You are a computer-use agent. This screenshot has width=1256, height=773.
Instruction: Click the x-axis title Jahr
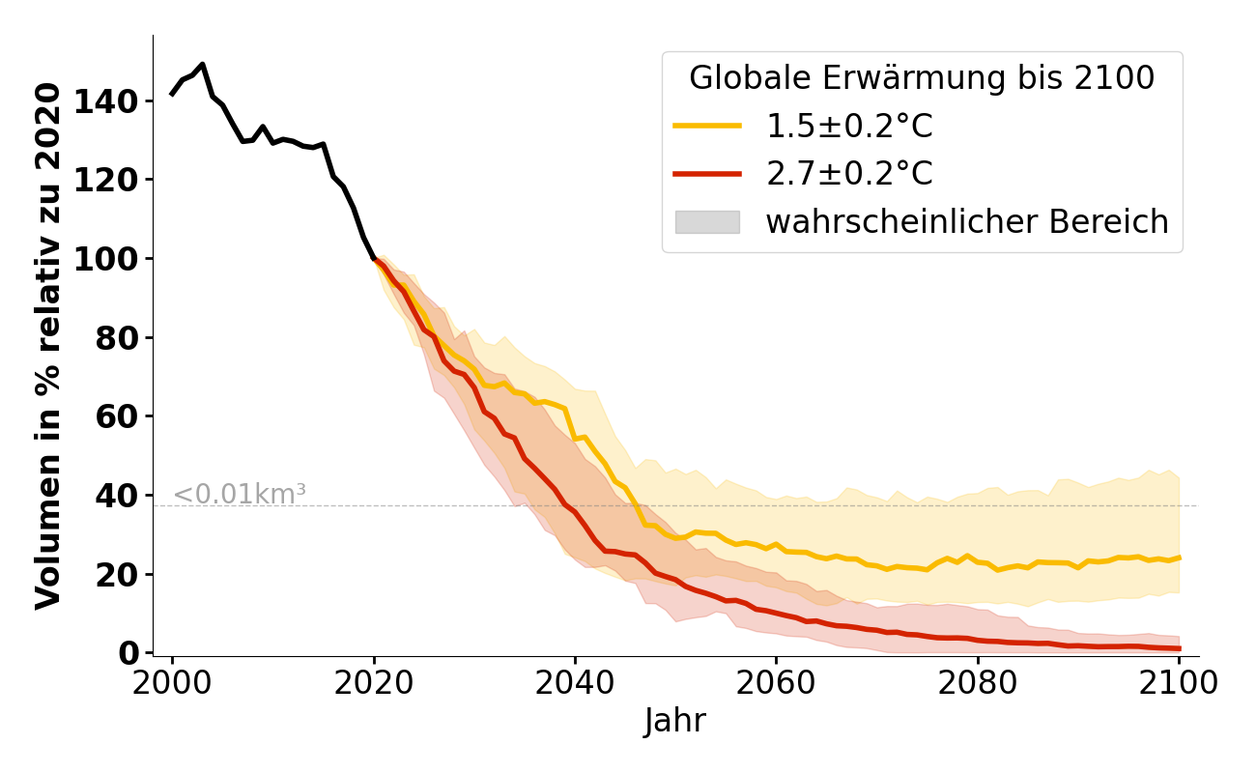674,721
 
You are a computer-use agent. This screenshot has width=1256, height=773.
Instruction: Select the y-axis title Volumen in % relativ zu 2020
48,345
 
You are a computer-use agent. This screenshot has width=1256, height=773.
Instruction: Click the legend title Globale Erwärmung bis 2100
922,78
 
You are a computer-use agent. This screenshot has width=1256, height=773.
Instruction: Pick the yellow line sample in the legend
707,127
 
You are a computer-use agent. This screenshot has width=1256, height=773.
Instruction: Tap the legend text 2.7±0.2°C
849,174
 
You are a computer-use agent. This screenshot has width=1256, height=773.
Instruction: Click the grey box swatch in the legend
707,222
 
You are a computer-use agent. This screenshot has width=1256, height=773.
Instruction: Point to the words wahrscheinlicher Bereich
967,222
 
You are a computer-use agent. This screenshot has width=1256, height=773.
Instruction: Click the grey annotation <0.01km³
240,494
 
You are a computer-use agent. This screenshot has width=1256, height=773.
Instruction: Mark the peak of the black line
202,65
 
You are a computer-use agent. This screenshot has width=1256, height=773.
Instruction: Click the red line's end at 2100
1179,648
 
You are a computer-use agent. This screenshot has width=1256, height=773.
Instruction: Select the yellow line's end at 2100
1179,558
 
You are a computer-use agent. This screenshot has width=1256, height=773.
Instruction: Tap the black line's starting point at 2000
172,94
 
